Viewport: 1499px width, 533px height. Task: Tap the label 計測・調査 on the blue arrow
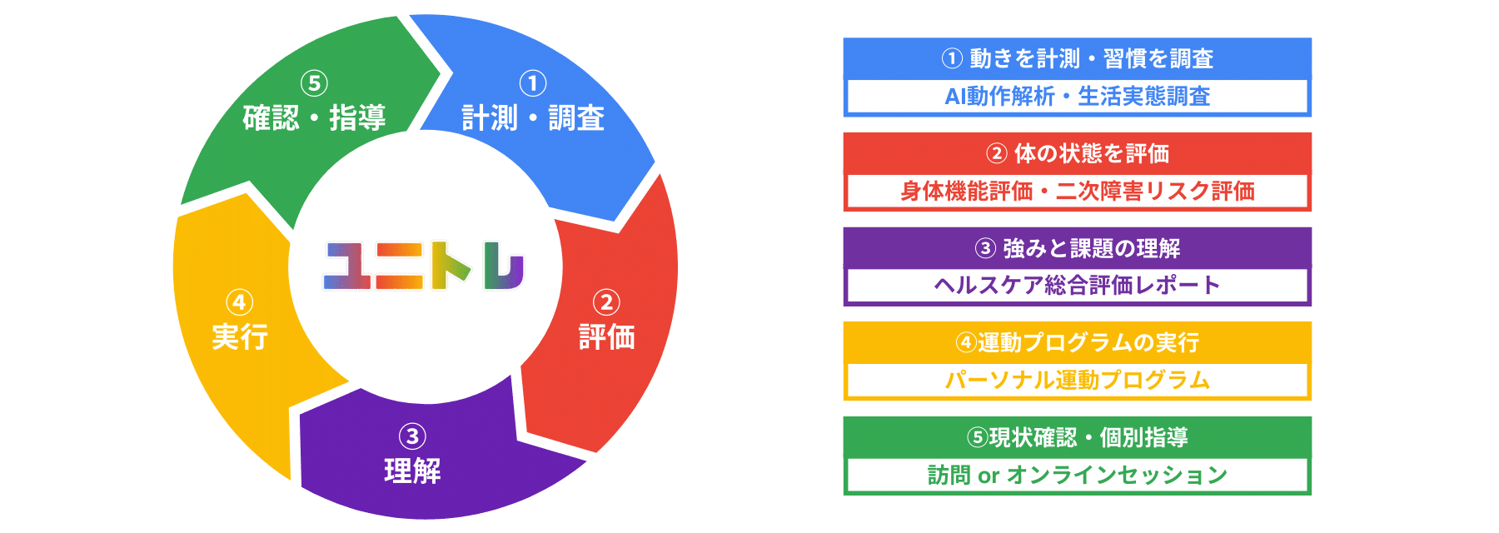tap(533, 118)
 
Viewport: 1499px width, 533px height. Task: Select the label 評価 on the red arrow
tap(606, 337)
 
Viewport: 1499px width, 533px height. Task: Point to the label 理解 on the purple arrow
tap(412, 471)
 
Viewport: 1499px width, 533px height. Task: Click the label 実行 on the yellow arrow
tap(240, 337)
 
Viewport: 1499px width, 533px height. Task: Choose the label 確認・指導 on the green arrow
tap(314, 118)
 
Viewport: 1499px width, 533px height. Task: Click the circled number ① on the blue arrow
tap(533, 83)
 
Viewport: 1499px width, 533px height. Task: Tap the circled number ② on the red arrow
tap(606, 302)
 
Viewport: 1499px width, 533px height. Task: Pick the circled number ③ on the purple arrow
tap(412, 436)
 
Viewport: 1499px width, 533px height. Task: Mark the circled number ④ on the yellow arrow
tap(240, 302)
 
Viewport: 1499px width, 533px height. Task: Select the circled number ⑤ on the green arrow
tap(314, 83)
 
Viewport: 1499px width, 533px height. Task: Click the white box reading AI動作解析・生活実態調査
tap(1077, 96)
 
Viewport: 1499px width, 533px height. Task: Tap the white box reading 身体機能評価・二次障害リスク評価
tap(1077, 191)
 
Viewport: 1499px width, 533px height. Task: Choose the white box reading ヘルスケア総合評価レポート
tap(1077, 285)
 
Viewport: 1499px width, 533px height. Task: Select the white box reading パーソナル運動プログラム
tap(1077, 380)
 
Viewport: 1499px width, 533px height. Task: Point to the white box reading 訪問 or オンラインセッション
tap(1077, 475)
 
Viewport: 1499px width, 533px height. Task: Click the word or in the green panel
tap(989, 476)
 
